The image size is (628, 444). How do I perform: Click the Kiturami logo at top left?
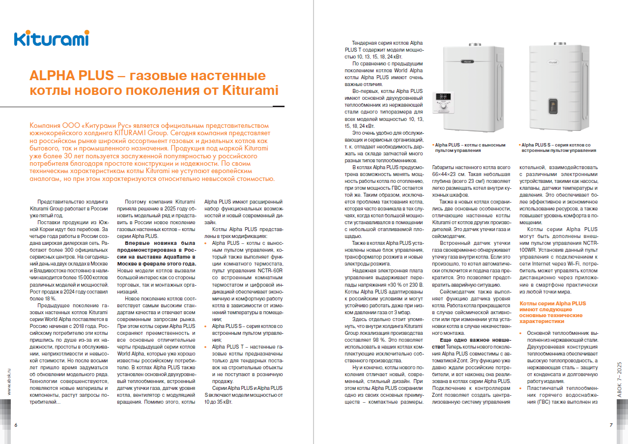click(x=51, y=38)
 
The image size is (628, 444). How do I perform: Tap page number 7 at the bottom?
click(x=611, y=425)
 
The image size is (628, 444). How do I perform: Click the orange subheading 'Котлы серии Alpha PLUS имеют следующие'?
click(x=552, y=307)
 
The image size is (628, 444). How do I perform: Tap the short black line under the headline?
click(x=279, y=105)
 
